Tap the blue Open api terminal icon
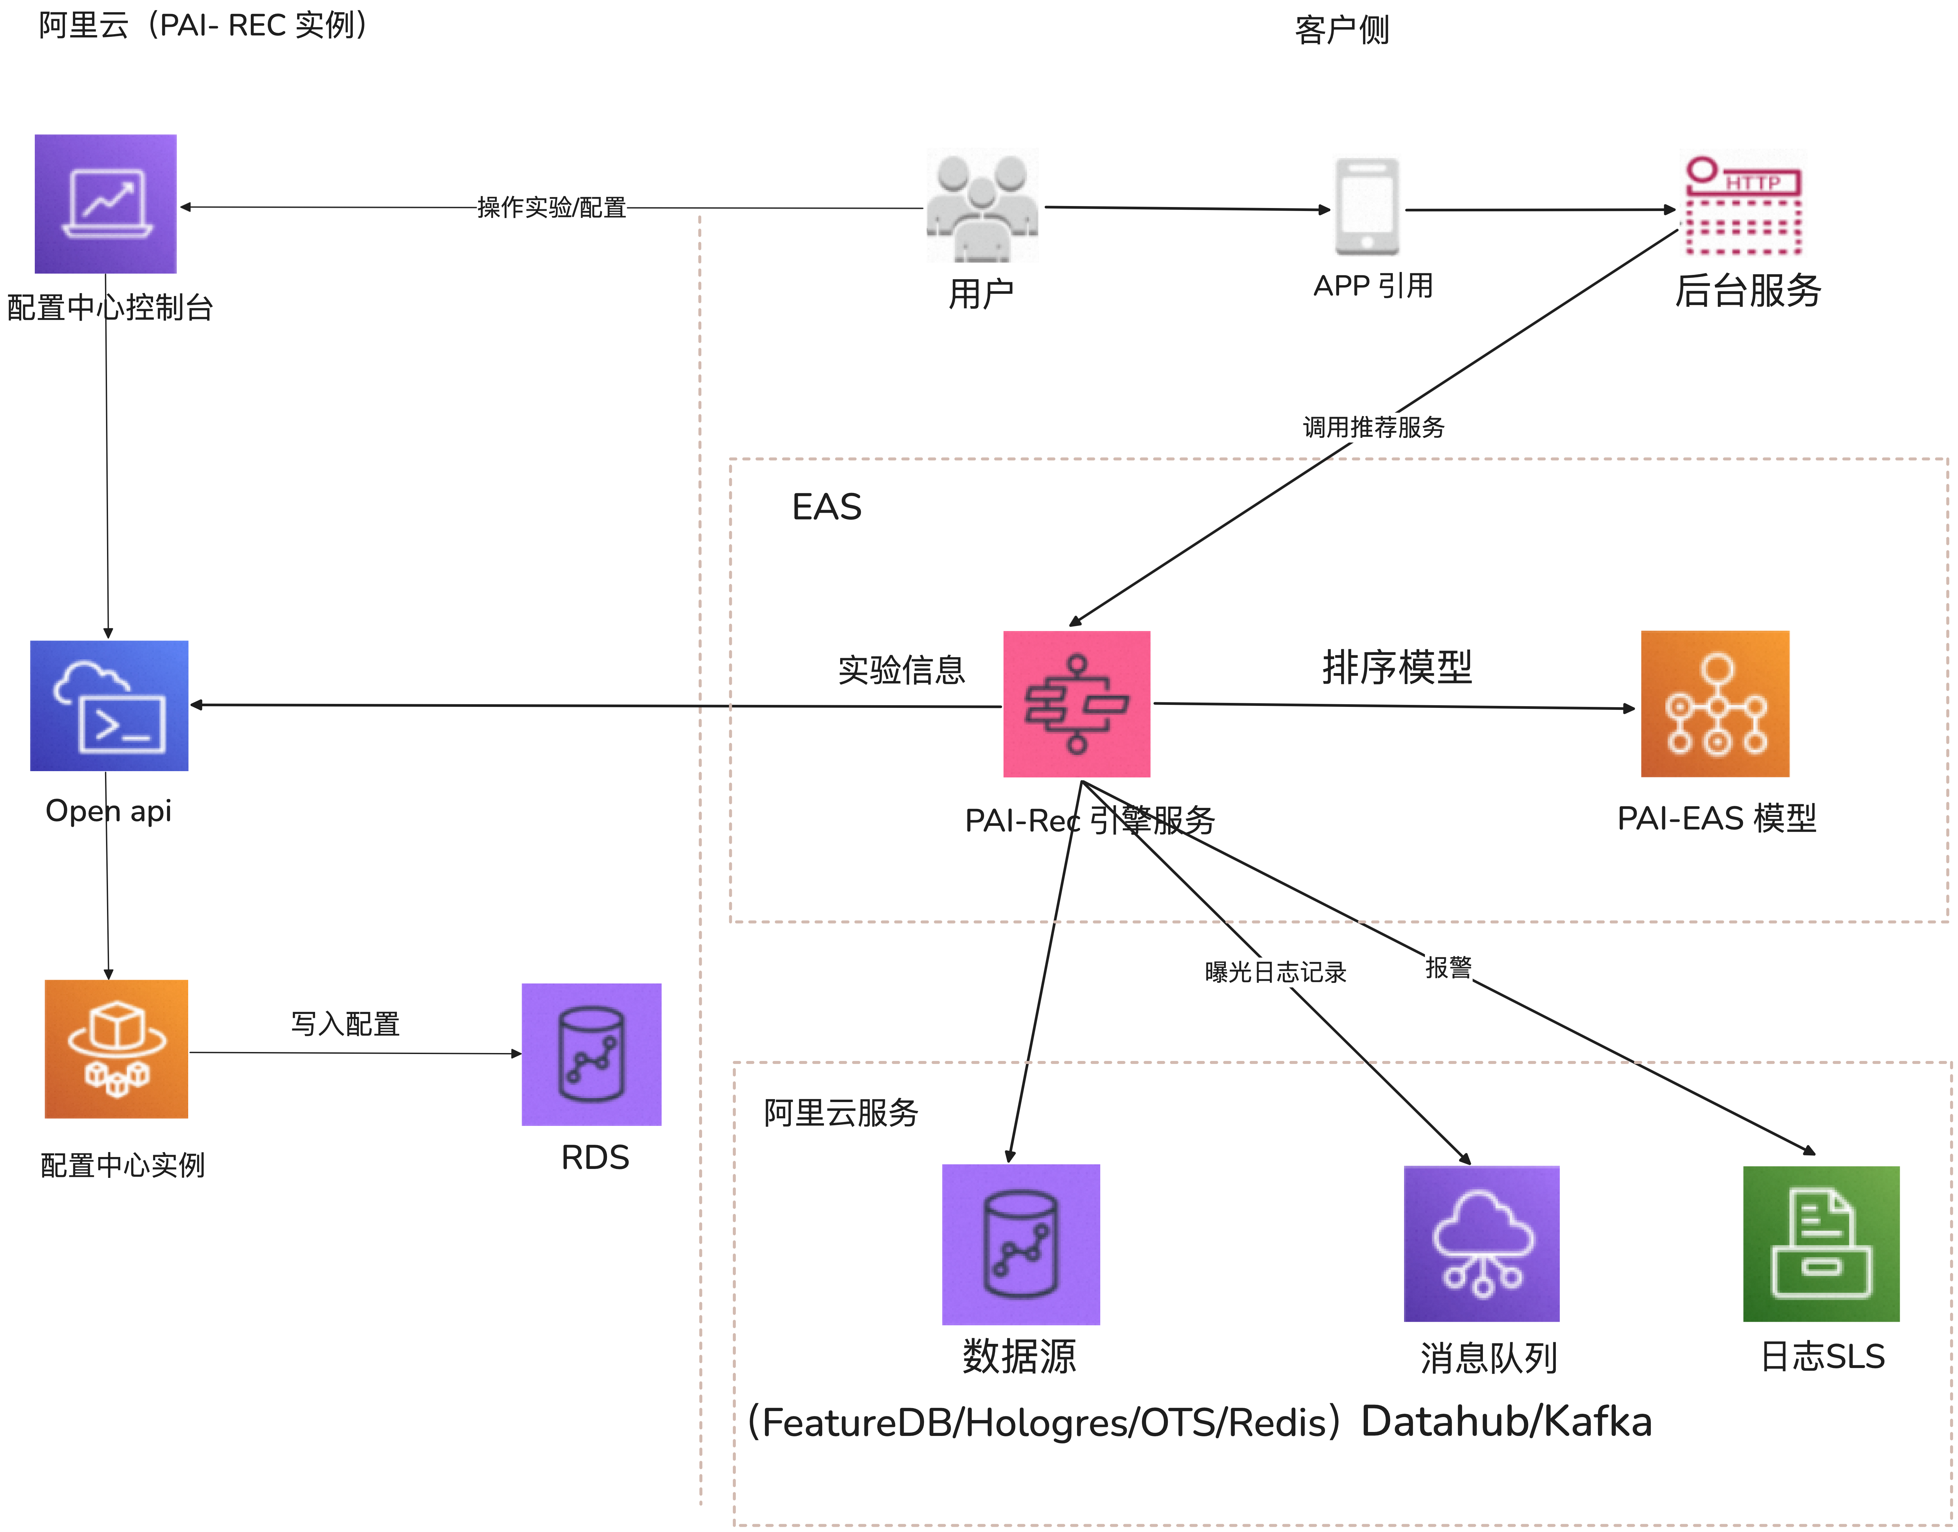[109, 706]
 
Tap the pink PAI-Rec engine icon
[1076, 704]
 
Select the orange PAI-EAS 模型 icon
[1715, 704]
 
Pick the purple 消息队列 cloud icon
[1482, 1244]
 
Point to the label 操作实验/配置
[552, 207]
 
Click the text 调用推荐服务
[1373, 427]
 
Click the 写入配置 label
[345, 1024]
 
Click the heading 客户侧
[1342, 29]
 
